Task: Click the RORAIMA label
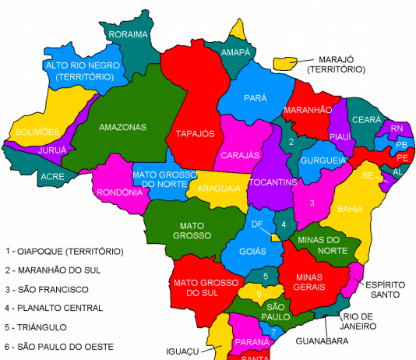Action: tap(129, 34)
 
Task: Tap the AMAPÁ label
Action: tap(235, 52)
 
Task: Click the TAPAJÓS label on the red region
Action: tap(195, 133)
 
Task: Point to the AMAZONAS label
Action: tap(123, 126)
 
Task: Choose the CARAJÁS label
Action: tap(240, 155)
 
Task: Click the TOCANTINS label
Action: tap(273, 182)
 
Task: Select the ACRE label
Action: tap(52, 177)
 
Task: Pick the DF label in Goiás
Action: tap(257, 224)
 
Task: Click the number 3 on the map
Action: tap(312, 203)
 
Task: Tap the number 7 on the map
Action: tap(273, 333)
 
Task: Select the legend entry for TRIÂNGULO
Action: tap(38, 327)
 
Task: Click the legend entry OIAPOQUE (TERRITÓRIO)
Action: tap(64, 251)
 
